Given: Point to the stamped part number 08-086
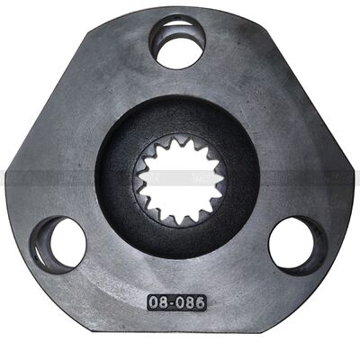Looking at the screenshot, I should click(176, 302).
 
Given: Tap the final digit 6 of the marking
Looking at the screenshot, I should click(201, 302).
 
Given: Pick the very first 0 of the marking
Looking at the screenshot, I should click(153, 302).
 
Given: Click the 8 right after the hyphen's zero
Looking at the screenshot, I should click(192, 302).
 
